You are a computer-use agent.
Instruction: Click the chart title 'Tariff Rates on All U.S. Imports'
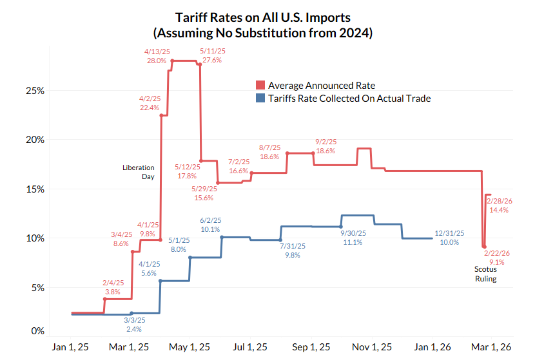(x=267, y=17)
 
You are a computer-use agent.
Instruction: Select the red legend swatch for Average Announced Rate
(x=260, y=85)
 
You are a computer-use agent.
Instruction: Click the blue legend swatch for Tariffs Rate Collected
(x=260, y=99)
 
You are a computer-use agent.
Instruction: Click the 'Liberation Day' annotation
(x=139, y=171)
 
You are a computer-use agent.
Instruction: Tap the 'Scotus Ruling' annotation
(x=486, y=274)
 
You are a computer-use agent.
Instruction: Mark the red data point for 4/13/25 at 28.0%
(x=171, y=61)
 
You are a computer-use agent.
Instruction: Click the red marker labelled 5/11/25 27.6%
(x=200, y=64)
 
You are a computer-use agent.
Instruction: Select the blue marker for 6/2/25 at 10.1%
(x=222, y=237)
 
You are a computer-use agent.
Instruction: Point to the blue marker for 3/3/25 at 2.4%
(x=131, y=313)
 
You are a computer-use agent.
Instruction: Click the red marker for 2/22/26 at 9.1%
(x=484, y=246)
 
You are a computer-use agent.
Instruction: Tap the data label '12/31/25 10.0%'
(x=449, y=238)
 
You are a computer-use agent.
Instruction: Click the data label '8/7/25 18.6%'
(x=269, y=152)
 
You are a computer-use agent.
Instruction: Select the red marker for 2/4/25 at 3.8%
(x=104, y=299)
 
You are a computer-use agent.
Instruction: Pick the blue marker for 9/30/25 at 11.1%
(x=341, y=227)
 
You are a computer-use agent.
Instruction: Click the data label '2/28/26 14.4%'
(x=500, y=205)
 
